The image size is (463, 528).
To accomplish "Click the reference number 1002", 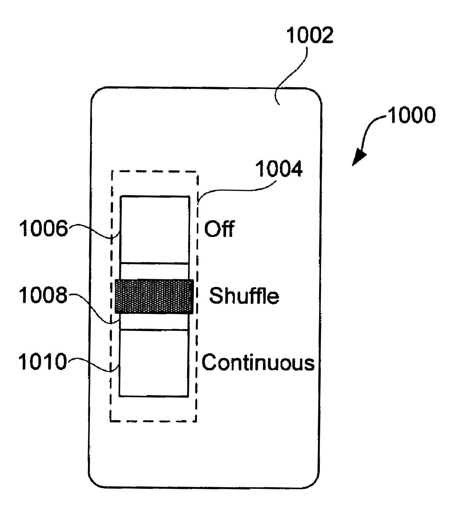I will [x=310, y=35].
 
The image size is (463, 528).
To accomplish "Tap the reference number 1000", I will [x=412, y=115].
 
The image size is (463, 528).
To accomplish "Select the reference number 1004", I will [x=279, y=169].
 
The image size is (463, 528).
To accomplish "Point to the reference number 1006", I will [x=43, y=229].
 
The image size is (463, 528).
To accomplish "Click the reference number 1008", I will [x=43, y=295].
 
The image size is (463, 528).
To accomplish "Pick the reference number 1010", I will [x=42, y=362].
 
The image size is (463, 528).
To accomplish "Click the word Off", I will [x=219, y=229].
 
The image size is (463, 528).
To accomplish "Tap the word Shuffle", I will [x=244, y=296].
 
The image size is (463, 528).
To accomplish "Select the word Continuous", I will [x=258, y=362].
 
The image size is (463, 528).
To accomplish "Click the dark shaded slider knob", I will [x=154, y=296].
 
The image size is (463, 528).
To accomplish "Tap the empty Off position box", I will [x=155, y=229].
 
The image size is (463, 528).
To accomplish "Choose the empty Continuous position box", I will [x=154, y=363].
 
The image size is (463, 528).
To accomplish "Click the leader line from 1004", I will [x=236, y=189].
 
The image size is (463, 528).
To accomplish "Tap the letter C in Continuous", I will [x=209, y=362].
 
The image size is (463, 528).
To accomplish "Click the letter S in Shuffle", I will [x=216, y=296].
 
